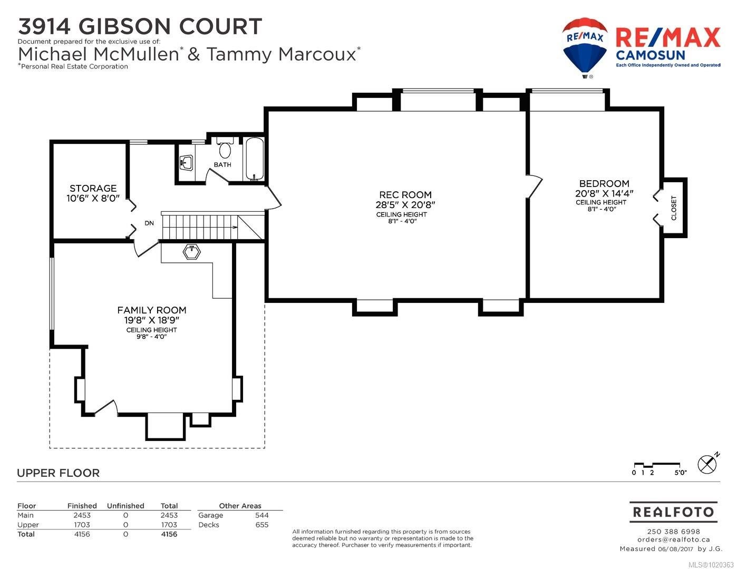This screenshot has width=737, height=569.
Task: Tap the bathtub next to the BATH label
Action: [255, 159]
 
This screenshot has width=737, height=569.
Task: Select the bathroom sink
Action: [186, 163]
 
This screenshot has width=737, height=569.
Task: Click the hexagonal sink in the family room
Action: [192, 252]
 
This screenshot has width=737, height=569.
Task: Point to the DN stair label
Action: [149, 223]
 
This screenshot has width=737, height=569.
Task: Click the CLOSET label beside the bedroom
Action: [674, 208]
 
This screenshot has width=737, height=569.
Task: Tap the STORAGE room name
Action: [93, 189]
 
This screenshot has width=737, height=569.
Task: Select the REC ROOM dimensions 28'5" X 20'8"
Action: [405, 205]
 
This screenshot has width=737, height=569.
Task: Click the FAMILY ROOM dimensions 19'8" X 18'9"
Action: [151, 320]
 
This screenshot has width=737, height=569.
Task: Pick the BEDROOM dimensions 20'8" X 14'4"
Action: [604, 193]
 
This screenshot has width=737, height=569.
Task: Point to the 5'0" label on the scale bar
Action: [680, 473]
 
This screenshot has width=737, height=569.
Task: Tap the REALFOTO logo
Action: [673, 512]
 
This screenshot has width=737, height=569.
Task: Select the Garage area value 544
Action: [262, 515]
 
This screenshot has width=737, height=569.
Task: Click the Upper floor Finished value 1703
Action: [82, 525]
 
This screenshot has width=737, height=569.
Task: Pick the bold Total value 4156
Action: [169, 534]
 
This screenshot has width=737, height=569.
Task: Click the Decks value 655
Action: [262, 525]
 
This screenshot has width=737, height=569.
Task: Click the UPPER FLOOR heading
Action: [59, 473]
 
